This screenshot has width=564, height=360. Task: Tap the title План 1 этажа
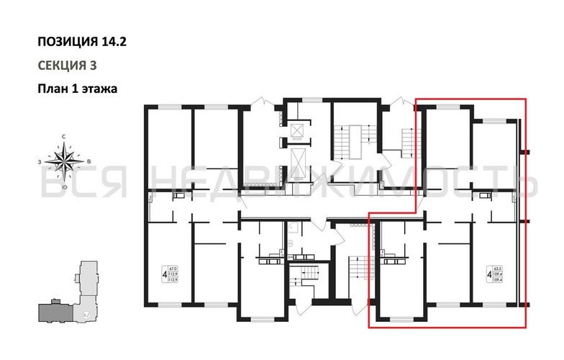coord(77,89)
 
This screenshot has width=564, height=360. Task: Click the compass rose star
coord(65,161)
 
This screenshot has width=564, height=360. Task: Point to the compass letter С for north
coord(65,136)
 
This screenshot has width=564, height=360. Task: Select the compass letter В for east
coord(87,162)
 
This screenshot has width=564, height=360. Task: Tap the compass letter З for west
coord(40,162)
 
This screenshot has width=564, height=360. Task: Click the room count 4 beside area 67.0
coord(165,274)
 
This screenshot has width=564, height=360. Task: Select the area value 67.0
coord(172,268)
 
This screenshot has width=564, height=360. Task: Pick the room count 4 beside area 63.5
coord(490,274)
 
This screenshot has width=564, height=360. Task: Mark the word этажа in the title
coord(99,89)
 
